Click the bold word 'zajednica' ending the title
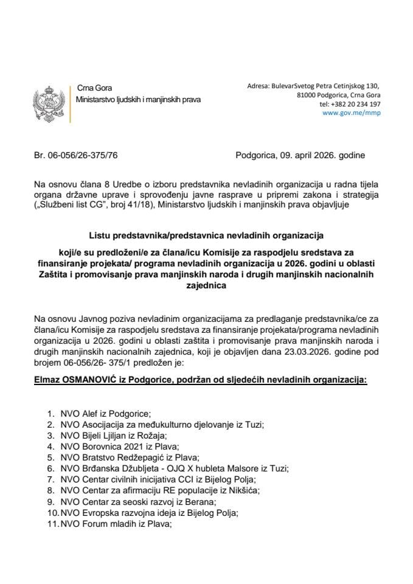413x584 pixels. point(206,291)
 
